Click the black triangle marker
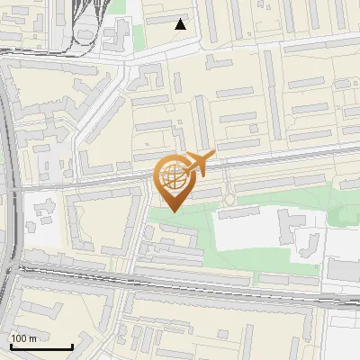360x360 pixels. pyautogui.click(x=181, y=24)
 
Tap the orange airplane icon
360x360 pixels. pyautogui.click(x=197, y=164)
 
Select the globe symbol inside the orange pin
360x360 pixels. pyautogui.click(x=173, y=177)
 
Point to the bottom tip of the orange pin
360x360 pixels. pyautogui.click(x=173, y=211)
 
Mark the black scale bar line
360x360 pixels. pyautogui.click(x=41, y=346)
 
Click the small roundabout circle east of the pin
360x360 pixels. pyautogui.click(x=230, y=198)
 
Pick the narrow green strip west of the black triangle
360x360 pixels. pyautogui.click(x=139, y=36)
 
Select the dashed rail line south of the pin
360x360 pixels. pyautogui.click(x=180, y=286)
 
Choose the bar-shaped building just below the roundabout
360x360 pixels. pyautogui.click(x=238, y=212)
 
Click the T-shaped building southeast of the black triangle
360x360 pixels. pyautogui.click(x=216, y=64)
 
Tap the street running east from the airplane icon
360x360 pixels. pyautogui.click(x=279, y=163)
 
